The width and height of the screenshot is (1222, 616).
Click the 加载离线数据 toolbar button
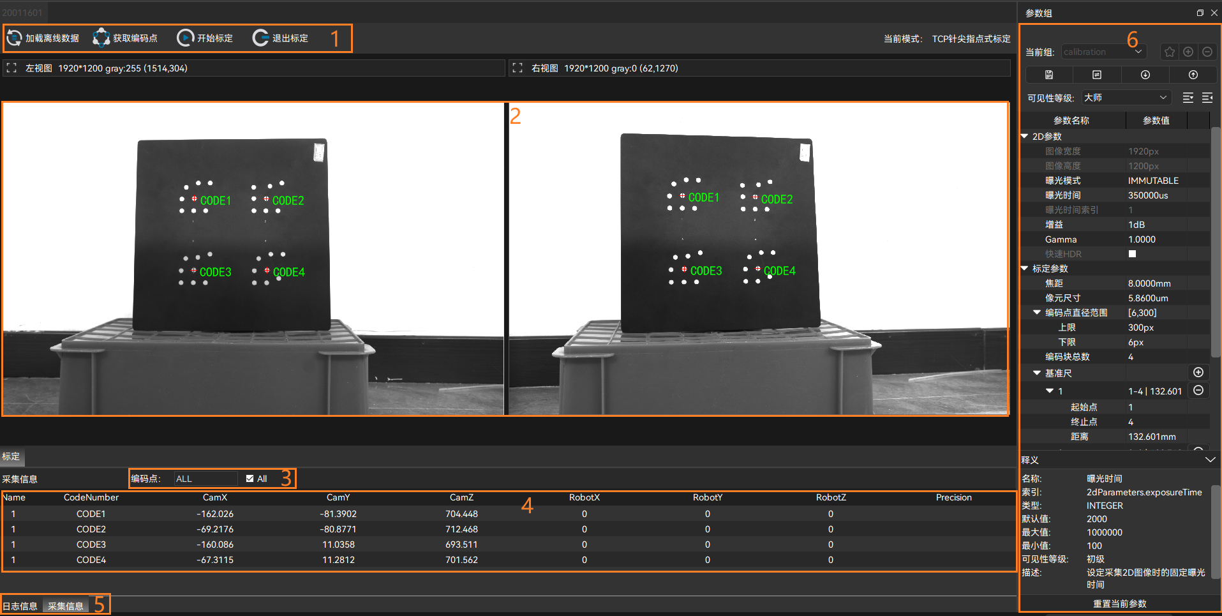[x=43, y=38]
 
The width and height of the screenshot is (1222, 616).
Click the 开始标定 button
[x=205, y=38]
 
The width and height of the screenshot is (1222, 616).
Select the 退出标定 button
[x=281, y=38]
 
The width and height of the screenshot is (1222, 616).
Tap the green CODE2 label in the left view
[x=288, y=200]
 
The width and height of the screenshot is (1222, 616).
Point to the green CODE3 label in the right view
[x=706, y=271]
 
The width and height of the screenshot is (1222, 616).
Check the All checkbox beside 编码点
[x=250, y=479]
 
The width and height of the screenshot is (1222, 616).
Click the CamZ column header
[x=461, y=497]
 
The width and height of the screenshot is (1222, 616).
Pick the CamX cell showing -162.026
[x=215, y=514]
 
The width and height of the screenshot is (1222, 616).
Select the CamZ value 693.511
[x=461, y=545]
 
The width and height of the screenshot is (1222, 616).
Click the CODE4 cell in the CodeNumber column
[x=91, y=560]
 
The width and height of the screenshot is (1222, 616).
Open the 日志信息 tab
[x=20, y=606]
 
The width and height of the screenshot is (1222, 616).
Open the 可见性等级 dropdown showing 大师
[x=1126, y=98]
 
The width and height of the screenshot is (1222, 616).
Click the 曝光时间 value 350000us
[x=1148, y=195]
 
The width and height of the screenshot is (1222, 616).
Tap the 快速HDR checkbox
[x=1132, y=254]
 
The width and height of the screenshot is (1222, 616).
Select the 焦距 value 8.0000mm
[x=1149, y=283]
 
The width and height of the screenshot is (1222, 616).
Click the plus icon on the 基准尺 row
[x=1198, y=373]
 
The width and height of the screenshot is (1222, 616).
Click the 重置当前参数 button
[x=1119, y=604]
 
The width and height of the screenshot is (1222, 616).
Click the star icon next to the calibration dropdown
[x=1169, y=52]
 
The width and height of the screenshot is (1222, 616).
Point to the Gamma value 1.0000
[x=1142, y=239]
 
